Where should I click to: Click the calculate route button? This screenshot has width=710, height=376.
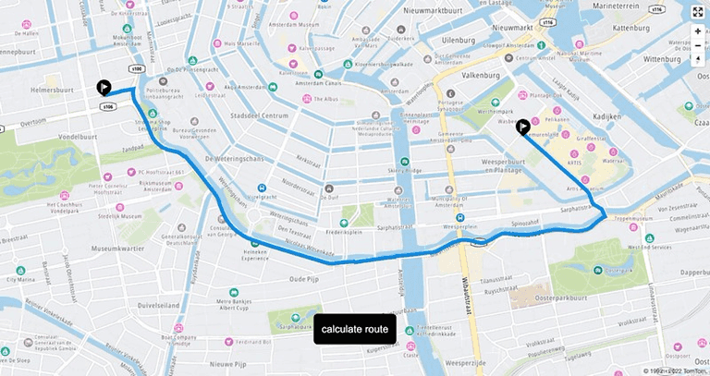[x=355, y=329]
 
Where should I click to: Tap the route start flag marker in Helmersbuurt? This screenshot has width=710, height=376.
[x=104, y=88]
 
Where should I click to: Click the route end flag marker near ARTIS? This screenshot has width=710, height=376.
[x=523, y=127]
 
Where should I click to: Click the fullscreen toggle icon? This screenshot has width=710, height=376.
[x=697, y=12]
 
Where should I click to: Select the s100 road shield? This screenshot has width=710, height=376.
[x=137, y=67]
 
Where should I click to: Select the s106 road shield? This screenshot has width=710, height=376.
[x=108, y=106]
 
